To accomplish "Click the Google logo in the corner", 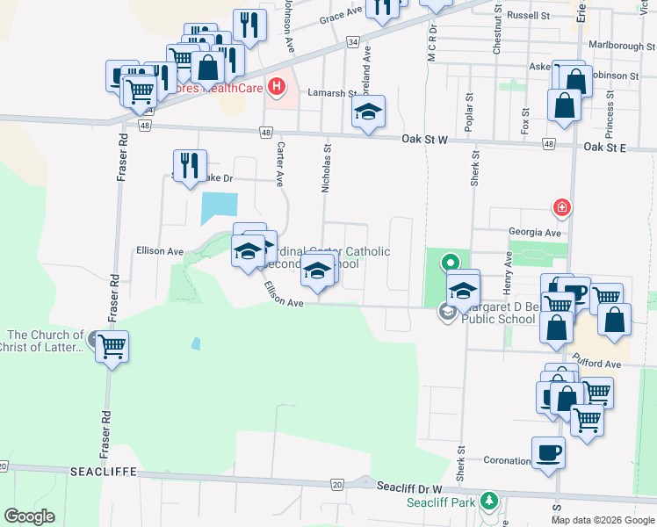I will (x=29, y=516).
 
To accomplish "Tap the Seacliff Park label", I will (x=440, y=503).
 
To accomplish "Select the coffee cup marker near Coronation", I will (x=548, y=454).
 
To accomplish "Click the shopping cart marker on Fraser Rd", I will (x=112, y=347).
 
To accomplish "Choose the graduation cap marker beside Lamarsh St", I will (x=368, y=112).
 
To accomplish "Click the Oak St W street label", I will (x=425, y=140).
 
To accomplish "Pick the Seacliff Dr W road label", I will (x=411, y=486).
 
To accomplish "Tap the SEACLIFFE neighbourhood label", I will (x=104, y=472).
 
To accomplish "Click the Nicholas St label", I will (x=326, y=170).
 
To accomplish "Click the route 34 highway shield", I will (x=352, y=41).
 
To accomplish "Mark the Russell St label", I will (x=528, y=16).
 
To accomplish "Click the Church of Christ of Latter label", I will (x=44, y=342).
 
